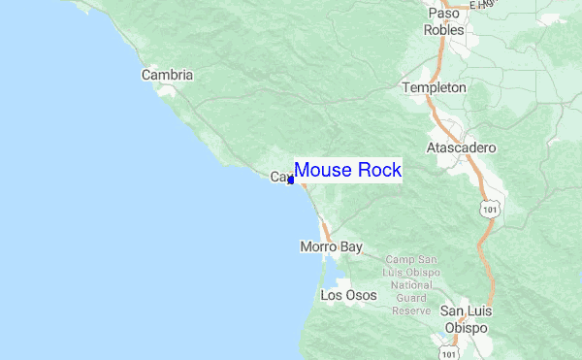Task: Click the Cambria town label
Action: tap(167, 75)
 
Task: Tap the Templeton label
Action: tap(434, 87)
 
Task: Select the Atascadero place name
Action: tap(461, 147)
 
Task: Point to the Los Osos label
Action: tap(348, 295)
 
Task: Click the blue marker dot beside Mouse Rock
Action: tap(291, 180)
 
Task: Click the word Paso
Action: tap(443, 14)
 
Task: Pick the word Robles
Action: tap(443, 29)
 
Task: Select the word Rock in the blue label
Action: tap(377, 170)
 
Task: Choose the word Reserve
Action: tap(411, 311)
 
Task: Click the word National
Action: tap(412, 285)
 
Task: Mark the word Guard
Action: tap(412, 298)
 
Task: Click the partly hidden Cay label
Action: tap(278, 178)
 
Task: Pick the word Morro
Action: tap(317, 247)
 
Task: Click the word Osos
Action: tap(360, 295)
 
